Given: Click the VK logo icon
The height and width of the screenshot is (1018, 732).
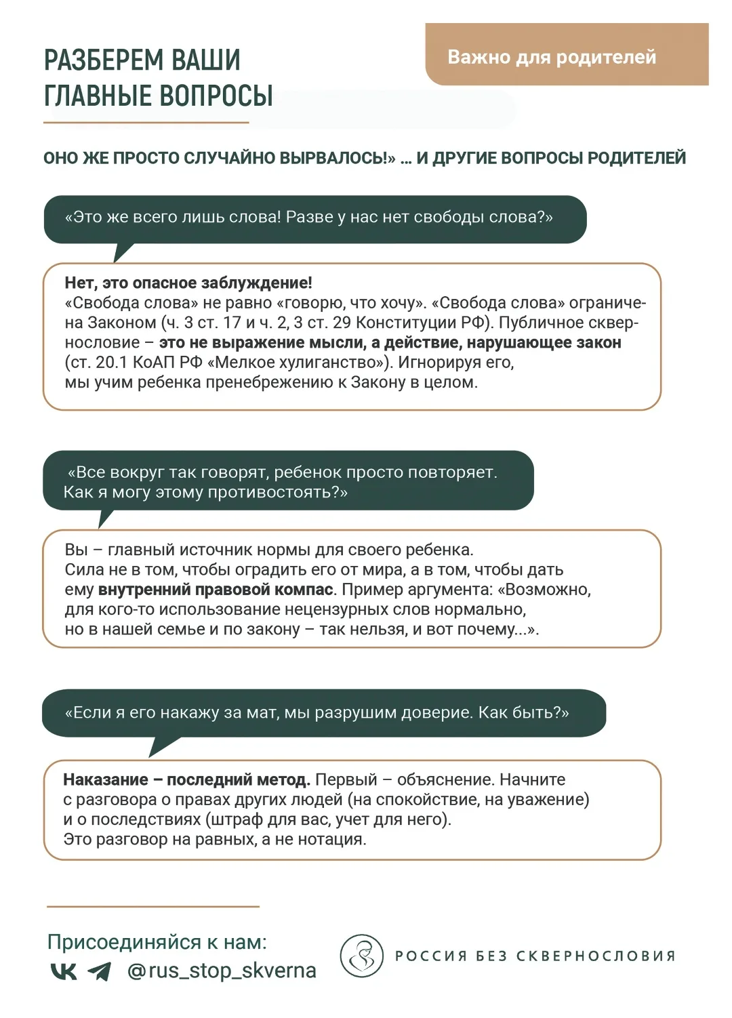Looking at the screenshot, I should pyautogui.click(x=64, y=971).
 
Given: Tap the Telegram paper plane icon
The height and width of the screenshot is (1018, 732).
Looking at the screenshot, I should pyautogui.click(x=100, y=971).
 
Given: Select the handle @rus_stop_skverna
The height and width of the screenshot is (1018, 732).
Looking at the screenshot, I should pyautogui.click(x=222, y=971).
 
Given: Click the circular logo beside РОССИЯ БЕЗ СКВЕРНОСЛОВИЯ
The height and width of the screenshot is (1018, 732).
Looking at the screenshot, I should pyautogui.click(x=362, y=956).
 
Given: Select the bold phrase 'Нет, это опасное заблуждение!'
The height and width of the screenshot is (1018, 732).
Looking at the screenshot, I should pyautogui.click(x=188, y=283).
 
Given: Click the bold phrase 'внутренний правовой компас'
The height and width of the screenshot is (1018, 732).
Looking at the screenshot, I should pyautogui.click(x=216, y=590).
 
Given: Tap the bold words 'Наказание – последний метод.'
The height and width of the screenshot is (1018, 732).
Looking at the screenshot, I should pyautogui.click(x=186, y=779).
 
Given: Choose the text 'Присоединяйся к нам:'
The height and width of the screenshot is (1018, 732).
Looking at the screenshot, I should pyautogui.click(x=157, y=942).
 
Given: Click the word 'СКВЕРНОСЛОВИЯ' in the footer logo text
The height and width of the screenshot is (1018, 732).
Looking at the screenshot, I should pyautogui.click(x=596, y=956).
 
